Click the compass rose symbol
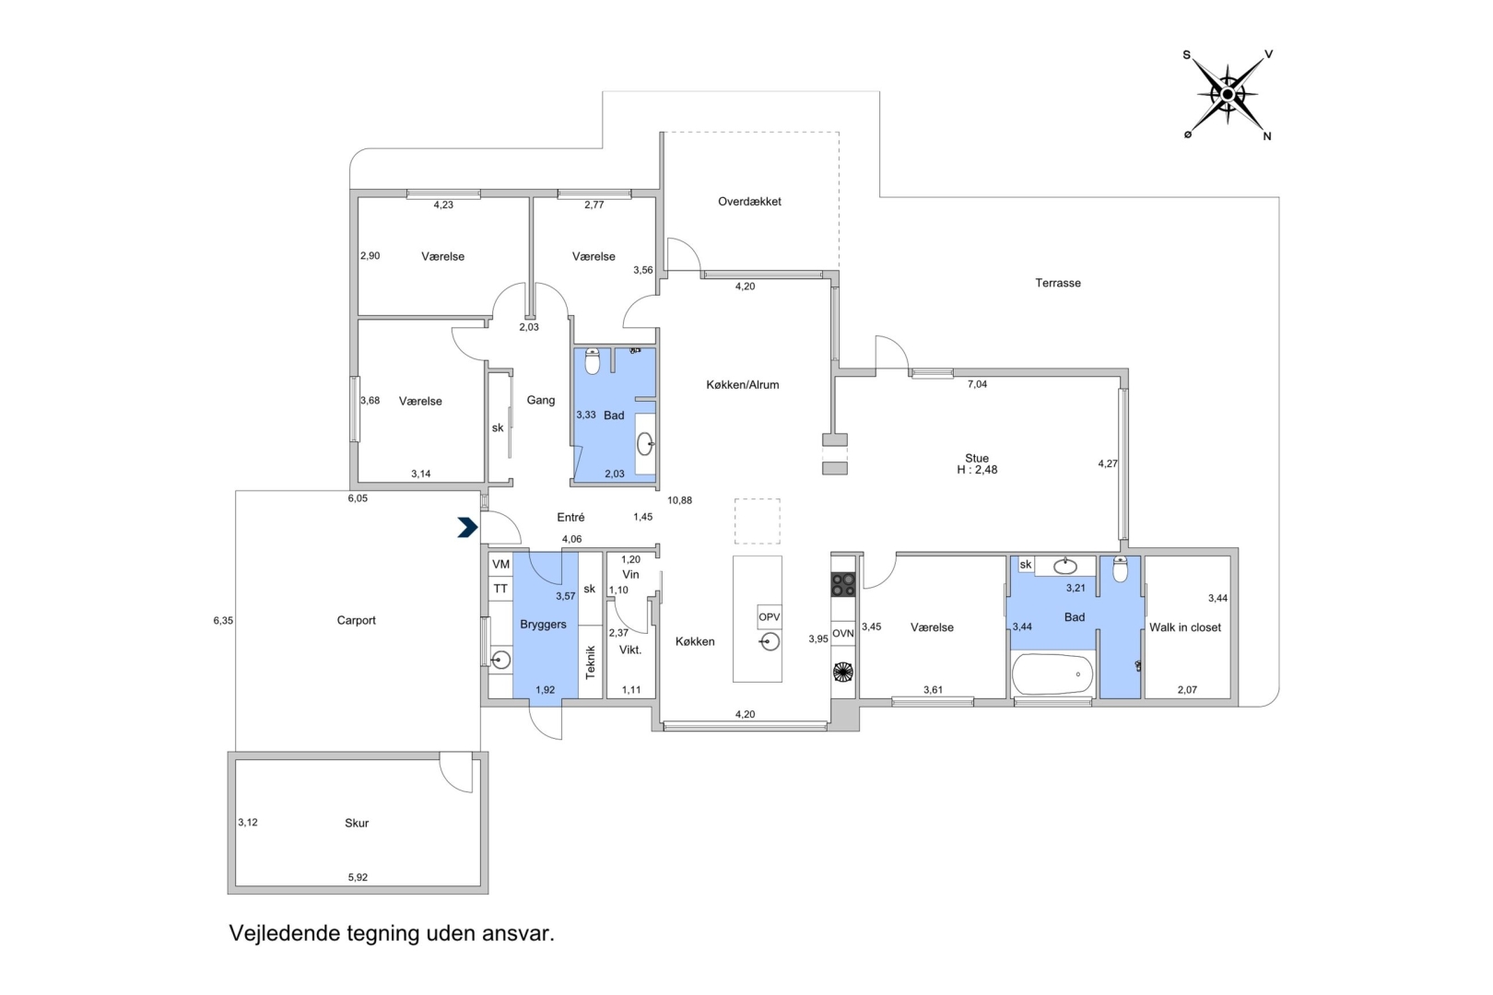[x=1228, y=95]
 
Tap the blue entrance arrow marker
[x=468, y=527]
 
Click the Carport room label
[x=356, y=620]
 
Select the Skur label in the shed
[x=357, y=823]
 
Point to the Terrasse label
[x=1058, y=283]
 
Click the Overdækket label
[x=749, y=201]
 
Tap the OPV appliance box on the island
[x=770, y=617]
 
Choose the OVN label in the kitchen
[x=843, y=633]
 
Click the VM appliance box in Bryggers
[x=500, y=565]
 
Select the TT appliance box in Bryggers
[x=500, y=589]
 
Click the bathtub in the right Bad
[x=1052, y=673]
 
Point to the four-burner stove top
[x=843, y=584]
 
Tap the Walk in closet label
[x=1185, y=627]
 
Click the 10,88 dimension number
[x=680, y=500]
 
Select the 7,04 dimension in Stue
[x=977, y=384]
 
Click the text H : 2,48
[x=977, y=470]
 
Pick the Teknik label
[x=590, y=662]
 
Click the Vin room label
[x=630, y=575]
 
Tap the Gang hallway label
[x=541, y=401]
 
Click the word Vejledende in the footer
[x=286, y=933]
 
